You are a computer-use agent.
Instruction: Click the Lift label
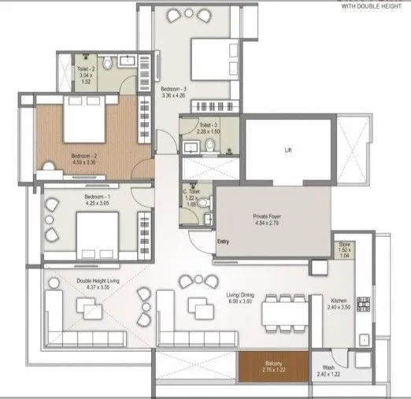click(288, 150)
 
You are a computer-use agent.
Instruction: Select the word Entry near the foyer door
click(224, 242)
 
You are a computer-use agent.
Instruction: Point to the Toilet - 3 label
click(209, 124)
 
